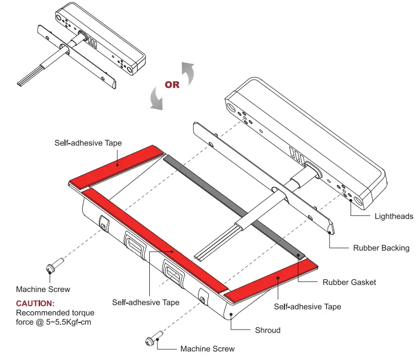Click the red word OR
pos(172,85)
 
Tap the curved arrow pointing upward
pos(188,73)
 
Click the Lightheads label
pos(394,216)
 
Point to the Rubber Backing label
pos(381,248)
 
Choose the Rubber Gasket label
pos(349,282)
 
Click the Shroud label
pos(267,330)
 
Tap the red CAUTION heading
pos(36,303)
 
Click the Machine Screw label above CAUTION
pos(43,289)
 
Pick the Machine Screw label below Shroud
pos(208,349)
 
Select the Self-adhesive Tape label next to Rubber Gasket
pos(307,307)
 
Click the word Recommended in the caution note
pos(43,313)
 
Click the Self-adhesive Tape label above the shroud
pos(88,143)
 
